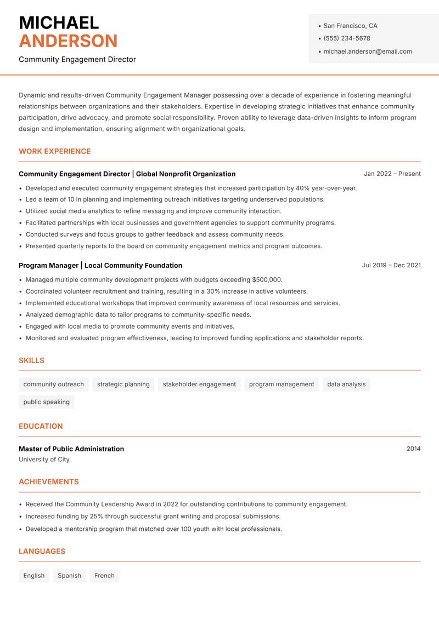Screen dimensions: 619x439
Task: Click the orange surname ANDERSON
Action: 68,41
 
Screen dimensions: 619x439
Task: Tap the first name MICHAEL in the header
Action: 59,22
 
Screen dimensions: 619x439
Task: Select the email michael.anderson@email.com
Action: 367,51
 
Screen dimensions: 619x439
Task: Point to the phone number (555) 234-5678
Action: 346,38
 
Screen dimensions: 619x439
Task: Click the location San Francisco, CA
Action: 350,26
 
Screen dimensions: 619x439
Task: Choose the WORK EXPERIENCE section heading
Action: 55,151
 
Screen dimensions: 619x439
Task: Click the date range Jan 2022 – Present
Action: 392,174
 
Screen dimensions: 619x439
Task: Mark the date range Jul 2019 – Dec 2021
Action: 391,265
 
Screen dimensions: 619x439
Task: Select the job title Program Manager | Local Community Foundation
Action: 100,265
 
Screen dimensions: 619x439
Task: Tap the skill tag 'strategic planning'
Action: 123,384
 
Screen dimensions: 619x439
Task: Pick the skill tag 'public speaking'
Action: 47,402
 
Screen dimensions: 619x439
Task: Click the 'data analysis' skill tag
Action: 346,384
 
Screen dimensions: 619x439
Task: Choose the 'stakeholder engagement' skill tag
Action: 199,384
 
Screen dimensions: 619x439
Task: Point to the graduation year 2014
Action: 413,449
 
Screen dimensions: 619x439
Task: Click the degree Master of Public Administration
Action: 71,449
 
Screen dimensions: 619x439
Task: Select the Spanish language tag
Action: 69,575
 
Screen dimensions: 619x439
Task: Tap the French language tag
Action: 104,575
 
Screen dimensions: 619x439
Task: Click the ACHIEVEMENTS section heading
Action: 49,482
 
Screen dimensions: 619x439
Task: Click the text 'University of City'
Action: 44,460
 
